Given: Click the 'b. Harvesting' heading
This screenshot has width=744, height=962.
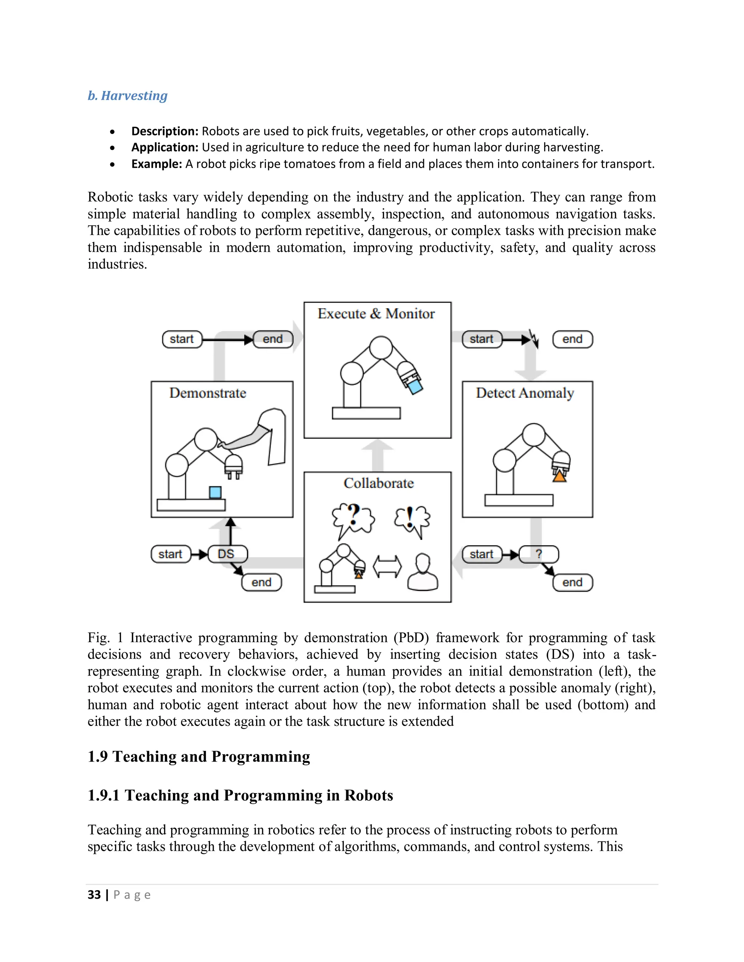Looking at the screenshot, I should (x=128, y=95).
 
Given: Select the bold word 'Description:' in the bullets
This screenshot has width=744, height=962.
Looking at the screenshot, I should (x=165, y=131).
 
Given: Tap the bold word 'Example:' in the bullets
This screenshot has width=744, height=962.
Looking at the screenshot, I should (x=157, y=164).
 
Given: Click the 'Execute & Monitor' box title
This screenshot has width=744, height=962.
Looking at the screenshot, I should (x=376, y=314).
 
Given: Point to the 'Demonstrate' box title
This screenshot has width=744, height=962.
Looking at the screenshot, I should (x=207, y=393).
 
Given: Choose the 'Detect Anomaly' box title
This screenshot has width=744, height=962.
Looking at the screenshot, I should (x=525, y=393).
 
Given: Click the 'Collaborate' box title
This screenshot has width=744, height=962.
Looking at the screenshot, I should (x=379, y=483).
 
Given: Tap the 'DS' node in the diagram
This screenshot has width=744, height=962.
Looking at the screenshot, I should (x=227, y=554).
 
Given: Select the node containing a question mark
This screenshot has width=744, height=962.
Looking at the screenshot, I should (x=539, y=554).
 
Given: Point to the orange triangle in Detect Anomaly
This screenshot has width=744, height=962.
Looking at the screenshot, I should (x=559, y=476).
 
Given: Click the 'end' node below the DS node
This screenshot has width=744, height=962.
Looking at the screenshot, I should (x=261, y=582).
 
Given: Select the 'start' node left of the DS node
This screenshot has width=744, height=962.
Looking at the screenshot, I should (x=171, y=554).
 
